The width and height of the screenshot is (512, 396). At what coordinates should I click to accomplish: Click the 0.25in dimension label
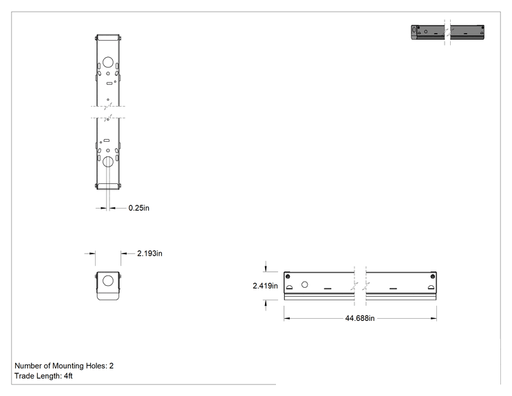click(139, 208)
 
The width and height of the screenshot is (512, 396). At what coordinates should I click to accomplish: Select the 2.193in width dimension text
click(149, 253)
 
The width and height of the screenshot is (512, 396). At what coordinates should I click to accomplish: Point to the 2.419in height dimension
click(265, 286)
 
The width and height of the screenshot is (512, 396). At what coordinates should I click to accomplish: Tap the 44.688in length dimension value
click(360, 318)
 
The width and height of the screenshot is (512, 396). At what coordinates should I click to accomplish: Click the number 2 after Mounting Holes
click(111, 366)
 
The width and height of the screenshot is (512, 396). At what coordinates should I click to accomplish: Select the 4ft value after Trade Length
click(68, 376)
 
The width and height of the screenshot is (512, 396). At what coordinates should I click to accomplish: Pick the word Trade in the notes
click(23, 376)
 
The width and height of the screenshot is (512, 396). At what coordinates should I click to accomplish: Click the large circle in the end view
click(108, 281)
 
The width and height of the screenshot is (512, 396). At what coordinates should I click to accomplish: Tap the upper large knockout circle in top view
click(108, 62)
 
